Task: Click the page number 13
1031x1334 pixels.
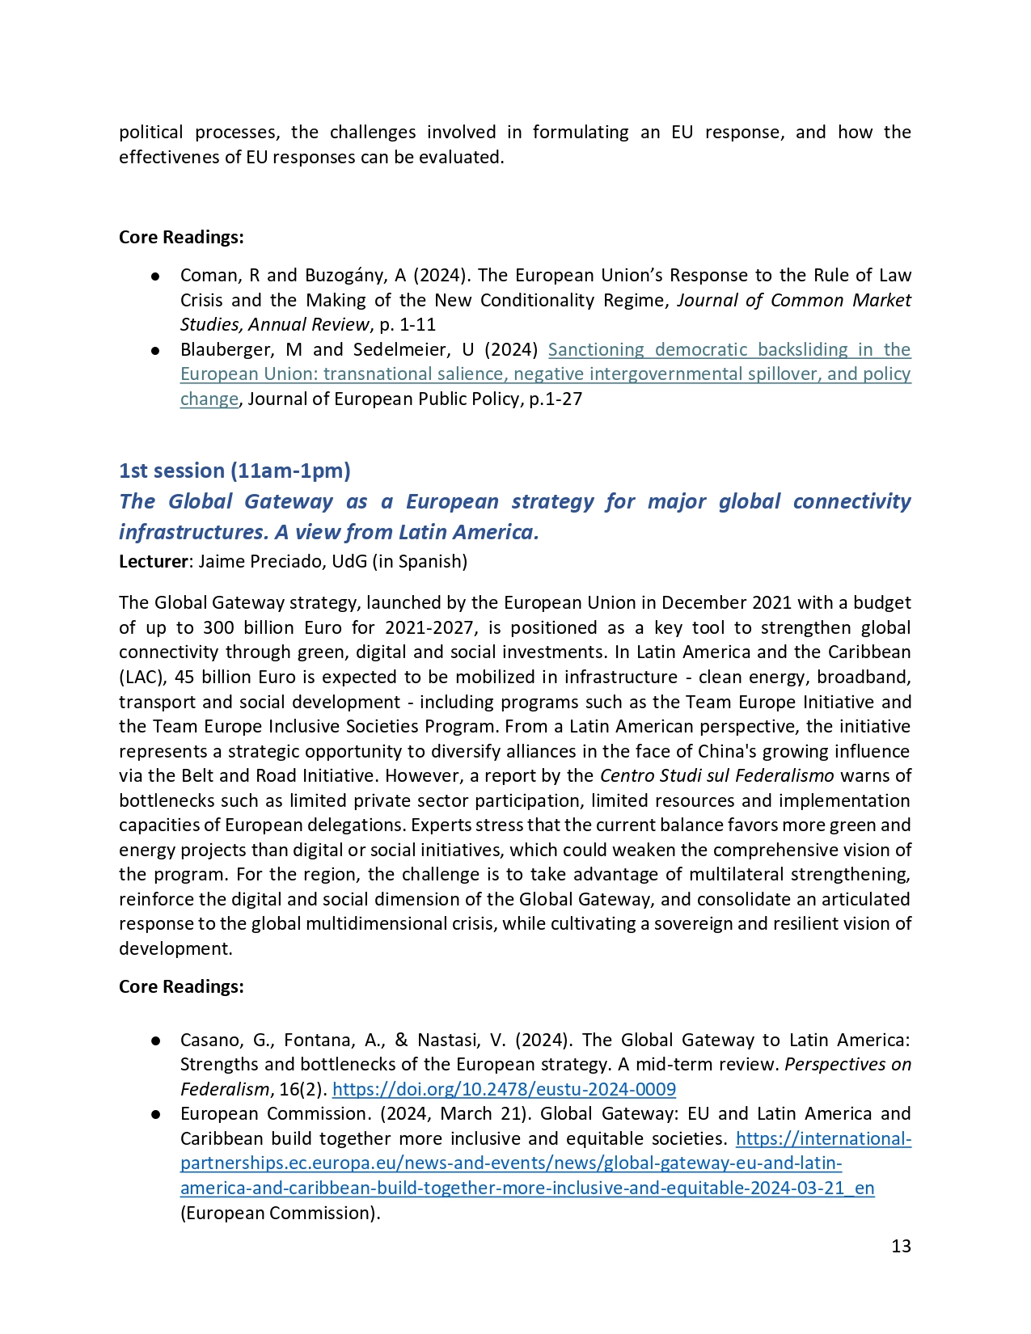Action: pos(901,1246)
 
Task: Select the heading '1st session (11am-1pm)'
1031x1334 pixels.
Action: pos(235,471)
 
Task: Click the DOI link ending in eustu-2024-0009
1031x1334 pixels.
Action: pos(504,1089)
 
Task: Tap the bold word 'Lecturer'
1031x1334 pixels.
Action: pos(153,561)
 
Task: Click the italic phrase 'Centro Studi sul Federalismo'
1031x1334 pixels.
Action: pos(716,775)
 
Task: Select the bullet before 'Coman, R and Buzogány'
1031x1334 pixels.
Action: pos(154,276)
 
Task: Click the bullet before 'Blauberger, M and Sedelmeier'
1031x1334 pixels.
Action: pos(154,350)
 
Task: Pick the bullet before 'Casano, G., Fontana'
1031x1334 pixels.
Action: pos(154,1041)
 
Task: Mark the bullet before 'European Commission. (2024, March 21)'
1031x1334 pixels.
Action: pos(154,1114)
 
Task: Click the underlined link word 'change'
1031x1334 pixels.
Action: pos(209,399)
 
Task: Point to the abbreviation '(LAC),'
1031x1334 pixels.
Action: pos(143,677)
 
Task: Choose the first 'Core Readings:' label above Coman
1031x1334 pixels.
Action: pos(181,237)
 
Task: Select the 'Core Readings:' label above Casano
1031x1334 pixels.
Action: pos(181,986)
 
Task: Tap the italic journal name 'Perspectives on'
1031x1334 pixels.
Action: pos(847,1064)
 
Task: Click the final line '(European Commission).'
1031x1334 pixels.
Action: pos(280,1213)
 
